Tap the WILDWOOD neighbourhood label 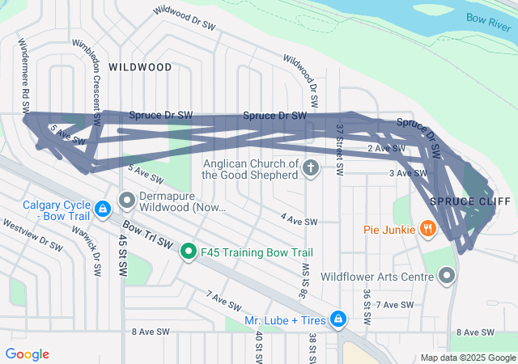140,67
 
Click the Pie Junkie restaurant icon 428,230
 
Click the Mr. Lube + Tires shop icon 338,320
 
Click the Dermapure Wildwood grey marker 126,199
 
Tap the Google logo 27,354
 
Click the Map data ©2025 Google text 468,358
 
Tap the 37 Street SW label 341,150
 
